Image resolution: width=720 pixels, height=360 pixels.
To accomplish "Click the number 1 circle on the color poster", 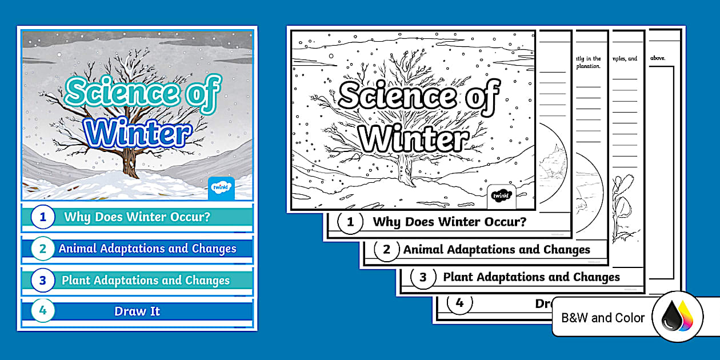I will [42, 217].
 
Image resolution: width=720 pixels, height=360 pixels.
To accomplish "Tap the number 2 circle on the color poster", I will [42, 249].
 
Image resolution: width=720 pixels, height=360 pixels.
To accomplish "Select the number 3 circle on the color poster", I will [42, 281].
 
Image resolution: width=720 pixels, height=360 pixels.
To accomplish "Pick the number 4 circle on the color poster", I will [42, 311].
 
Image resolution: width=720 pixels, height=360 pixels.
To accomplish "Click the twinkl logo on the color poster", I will [222, 187].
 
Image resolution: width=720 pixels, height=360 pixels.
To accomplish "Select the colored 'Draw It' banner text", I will [137, 311].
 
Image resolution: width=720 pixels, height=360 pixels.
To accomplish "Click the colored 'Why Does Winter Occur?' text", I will [137, 217].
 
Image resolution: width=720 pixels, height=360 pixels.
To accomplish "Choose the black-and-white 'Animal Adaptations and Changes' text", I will [497, 250].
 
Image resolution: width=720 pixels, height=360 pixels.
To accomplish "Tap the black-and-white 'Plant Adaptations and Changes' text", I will [531, 277].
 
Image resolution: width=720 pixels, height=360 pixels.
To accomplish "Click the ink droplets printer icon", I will [677, 317].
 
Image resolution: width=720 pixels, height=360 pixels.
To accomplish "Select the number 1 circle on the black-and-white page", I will [351, 222].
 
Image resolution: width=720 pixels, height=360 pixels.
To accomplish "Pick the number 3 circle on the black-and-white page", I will [423, 278].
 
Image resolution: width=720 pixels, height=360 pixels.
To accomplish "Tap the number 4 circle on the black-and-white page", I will [459, 303].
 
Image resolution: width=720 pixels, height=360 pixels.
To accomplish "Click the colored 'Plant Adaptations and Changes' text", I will [146, 281].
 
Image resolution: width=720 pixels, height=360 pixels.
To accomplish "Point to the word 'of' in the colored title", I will [201, 94].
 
